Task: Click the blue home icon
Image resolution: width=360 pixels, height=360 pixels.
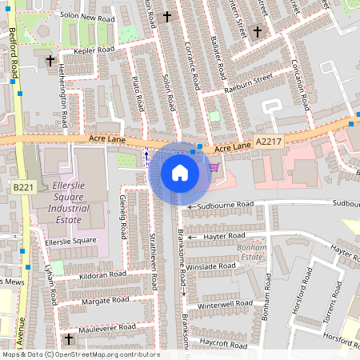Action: (180, 172)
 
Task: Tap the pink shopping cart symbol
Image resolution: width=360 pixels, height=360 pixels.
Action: (214, 166)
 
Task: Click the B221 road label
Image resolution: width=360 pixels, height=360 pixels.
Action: (23, 186)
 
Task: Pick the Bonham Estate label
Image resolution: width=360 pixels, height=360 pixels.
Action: (251, 253)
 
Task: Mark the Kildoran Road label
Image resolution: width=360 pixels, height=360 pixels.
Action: (98, 274)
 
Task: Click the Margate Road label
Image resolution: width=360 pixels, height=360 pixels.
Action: (104, 301)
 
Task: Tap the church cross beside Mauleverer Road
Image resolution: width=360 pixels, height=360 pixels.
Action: (69, 339)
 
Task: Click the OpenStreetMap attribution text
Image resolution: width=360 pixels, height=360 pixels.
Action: (80, 354)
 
